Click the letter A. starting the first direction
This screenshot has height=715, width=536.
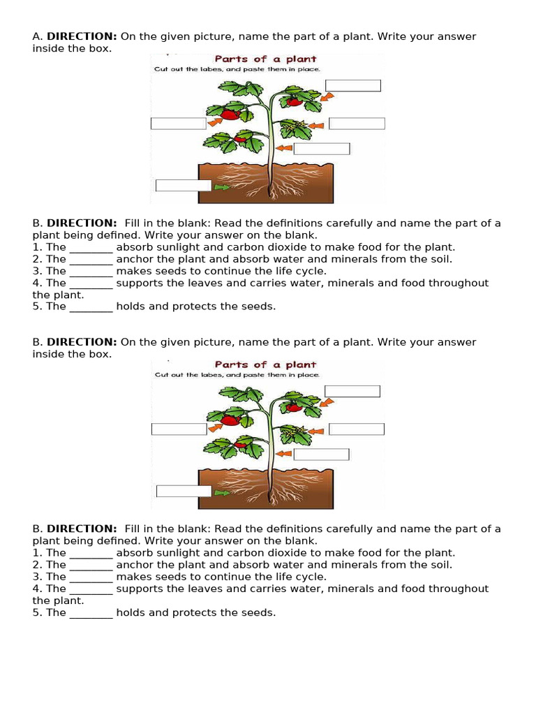tap(38, 37)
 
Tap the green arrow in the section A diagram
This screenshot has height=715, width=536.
tap(222, 187)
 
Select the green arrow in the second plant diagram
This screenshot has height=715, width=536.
tap(222, 492)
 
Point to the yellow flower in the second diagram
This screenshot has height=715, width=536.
tap(299, 431)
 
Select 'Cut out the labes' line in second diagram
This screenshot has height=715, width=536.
tap(237, 375)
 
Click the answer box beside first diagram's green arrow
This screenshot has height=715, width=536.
tap(183, 185)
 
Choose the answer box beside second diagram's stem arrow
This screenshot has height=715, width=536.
tap(321, 455)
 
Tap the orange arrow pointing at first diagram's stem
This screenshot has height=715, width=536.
tap(283, 148)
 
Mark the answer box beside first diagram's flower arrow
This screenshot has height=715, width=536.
tap(357, 124)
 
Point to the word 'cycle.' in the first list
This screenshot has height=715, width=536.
tap(309, 271)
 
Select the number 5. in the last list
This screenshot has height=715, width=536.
tap(38, 612)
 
